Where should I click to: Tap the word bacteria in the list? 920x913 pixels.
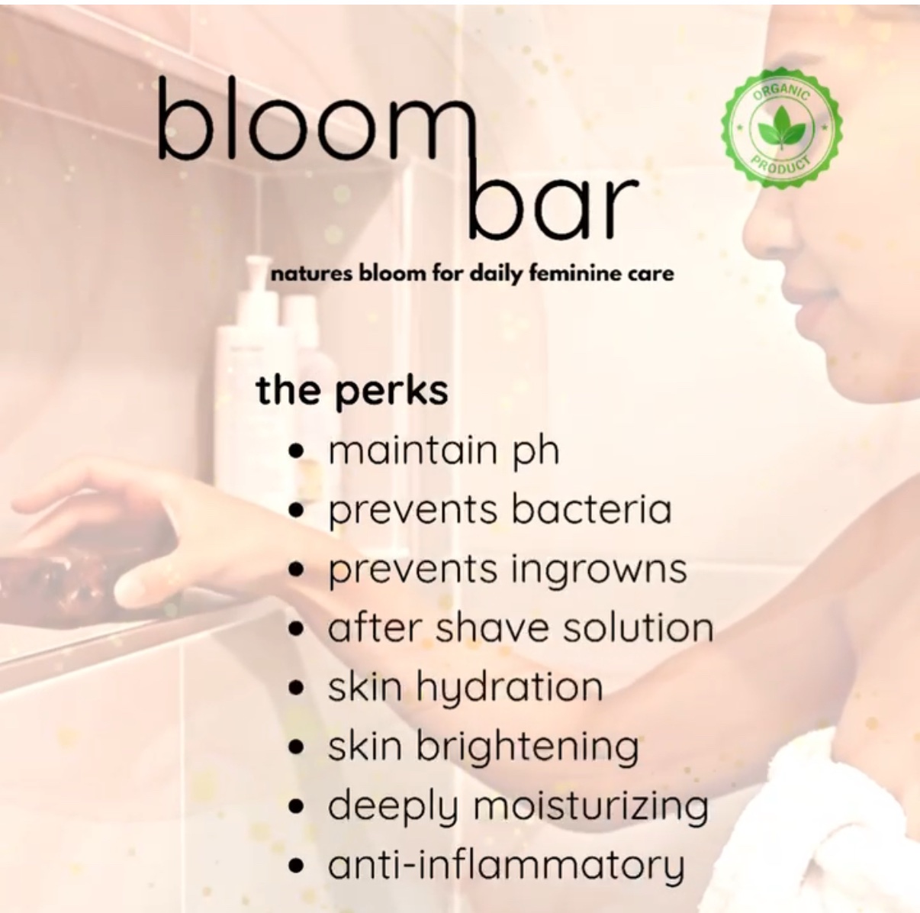(x=591, y=509)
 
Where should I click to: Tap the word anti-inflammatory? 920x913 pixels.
(x=506, y=866)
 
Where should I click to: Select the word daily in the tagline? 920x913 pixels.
(x=495, y=276)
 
